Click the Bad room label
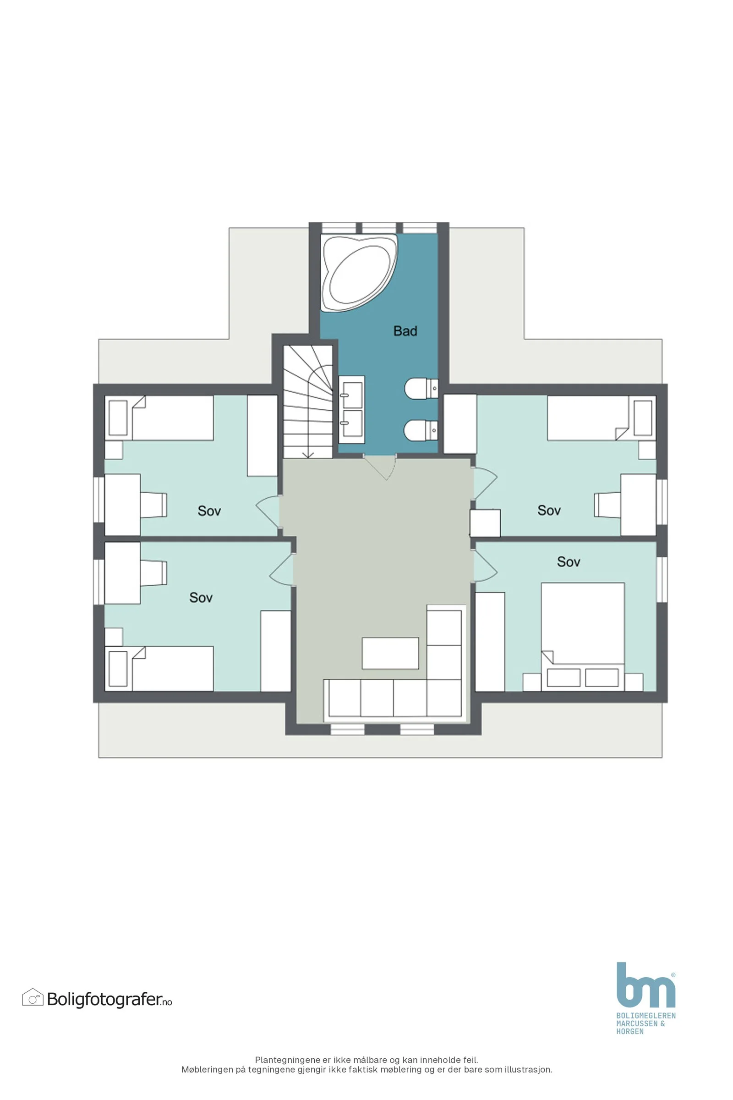[405, 331]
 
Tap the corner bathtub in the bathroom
[359, 273]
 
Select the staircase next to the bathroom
[307, 402]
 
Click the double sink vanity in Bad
[351, 409]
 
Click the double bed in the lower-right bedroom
[582, 637]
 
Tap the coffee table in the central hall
[390, 653]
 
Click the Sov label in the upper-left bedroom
[209, 511]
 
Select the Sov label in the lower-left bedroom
[201, 597]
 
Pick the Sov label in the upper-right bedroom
[549, 510]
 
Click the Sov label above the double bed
[569, 562]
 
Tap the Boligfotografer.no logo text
[109, 1000]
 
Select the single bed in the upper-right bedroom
[602, 418]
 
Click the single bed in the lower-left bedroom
[159, 668]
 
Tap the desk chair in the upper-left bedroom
[153, 505]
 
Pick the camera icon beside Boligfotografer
[33, 998]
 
